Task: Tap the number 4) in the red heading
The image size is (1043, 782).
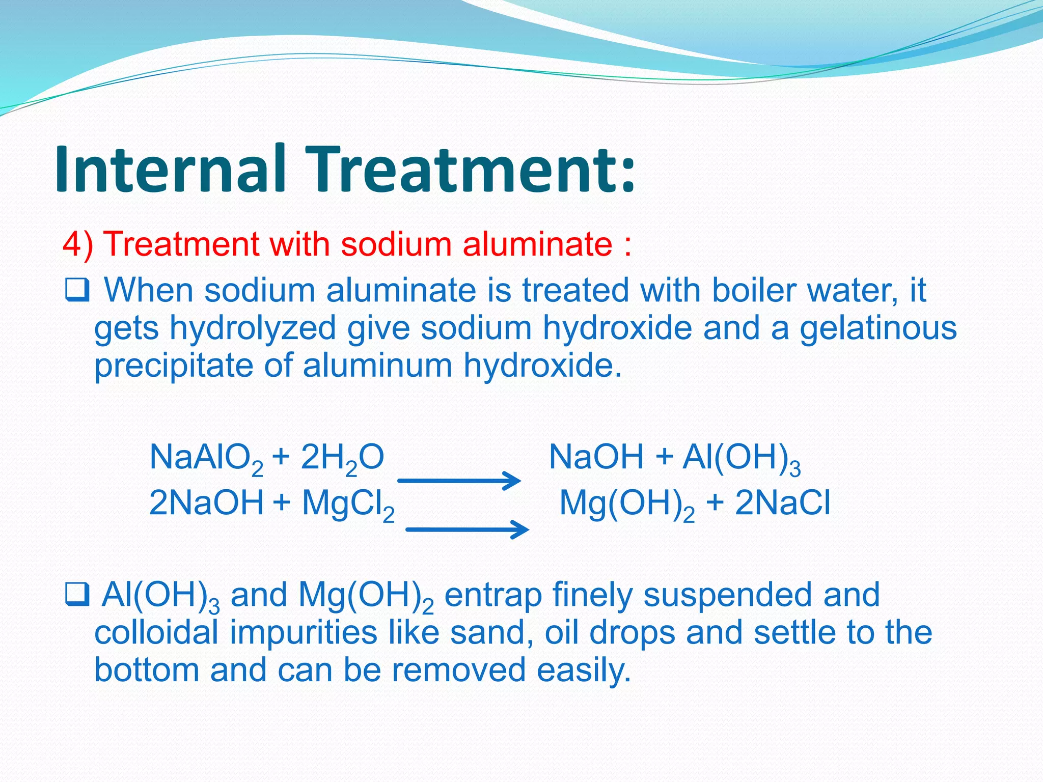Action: [77, 244]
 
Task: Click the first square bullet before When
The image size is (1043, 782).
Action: [77, 291]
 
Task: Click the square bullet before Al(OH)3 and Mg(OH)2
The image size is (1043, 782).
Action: [77, 595]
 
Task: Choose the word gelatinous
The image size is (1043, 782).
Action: [878, 328]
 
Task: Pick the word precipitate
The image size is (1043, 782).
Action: [174, 366]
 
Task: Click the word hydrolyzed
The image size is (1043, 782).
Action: [253, 328]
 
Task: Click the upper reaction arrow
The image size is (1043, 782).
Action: [459, 480]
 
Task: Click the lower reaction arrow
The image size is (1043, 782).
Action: [468, 529]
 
